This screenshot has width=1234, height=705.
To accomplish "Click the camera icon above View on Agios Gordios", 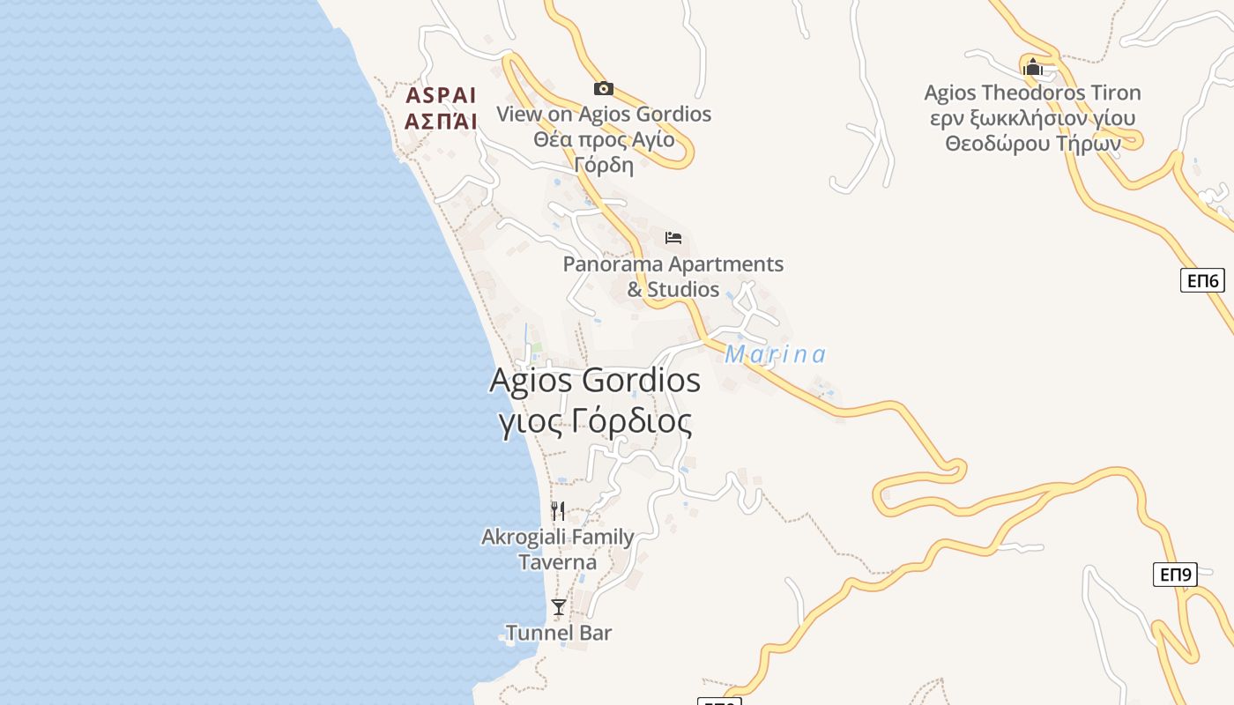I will point(604,88).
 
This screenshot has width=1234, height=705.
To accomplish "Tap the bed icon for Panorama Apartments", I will point(673,237).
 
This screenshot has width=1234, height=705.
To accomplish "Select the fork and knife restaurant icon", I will point(558,511).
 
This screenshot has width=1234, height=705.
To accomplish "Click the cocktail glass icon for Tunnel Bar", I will point(558,606).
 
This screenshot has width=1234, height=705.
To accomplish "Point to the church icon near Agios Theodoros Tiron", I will point(1032,67).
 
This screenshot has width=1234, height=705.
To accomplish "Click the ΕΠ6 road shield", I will point(1203,281).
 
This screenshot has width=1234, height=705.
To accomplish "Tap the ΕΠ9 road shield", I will point(1175,575).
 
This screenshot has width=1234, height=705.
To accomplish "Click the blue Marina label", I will point(776,354).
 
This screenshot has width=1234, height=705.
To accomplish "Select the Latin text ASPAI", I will point(441,95).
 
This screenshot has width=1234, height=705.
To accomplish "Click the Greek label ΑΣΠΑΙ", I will point(441,121).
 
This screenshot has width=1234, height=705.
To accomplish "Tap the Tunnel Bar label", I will point(558,633).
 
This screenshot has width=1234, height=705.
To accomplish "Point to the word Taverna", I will point(557,562).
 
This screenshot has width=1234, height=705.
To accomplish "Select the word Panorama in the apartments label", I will point(613,264).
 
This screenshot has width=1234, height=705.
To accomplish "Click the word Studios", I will point(683,289).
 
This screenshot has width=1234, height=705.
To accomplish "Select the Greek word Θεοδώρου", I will point(998,144).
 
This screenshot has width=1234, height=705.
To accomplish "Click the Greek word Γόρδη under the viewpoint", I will point(604,165).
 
